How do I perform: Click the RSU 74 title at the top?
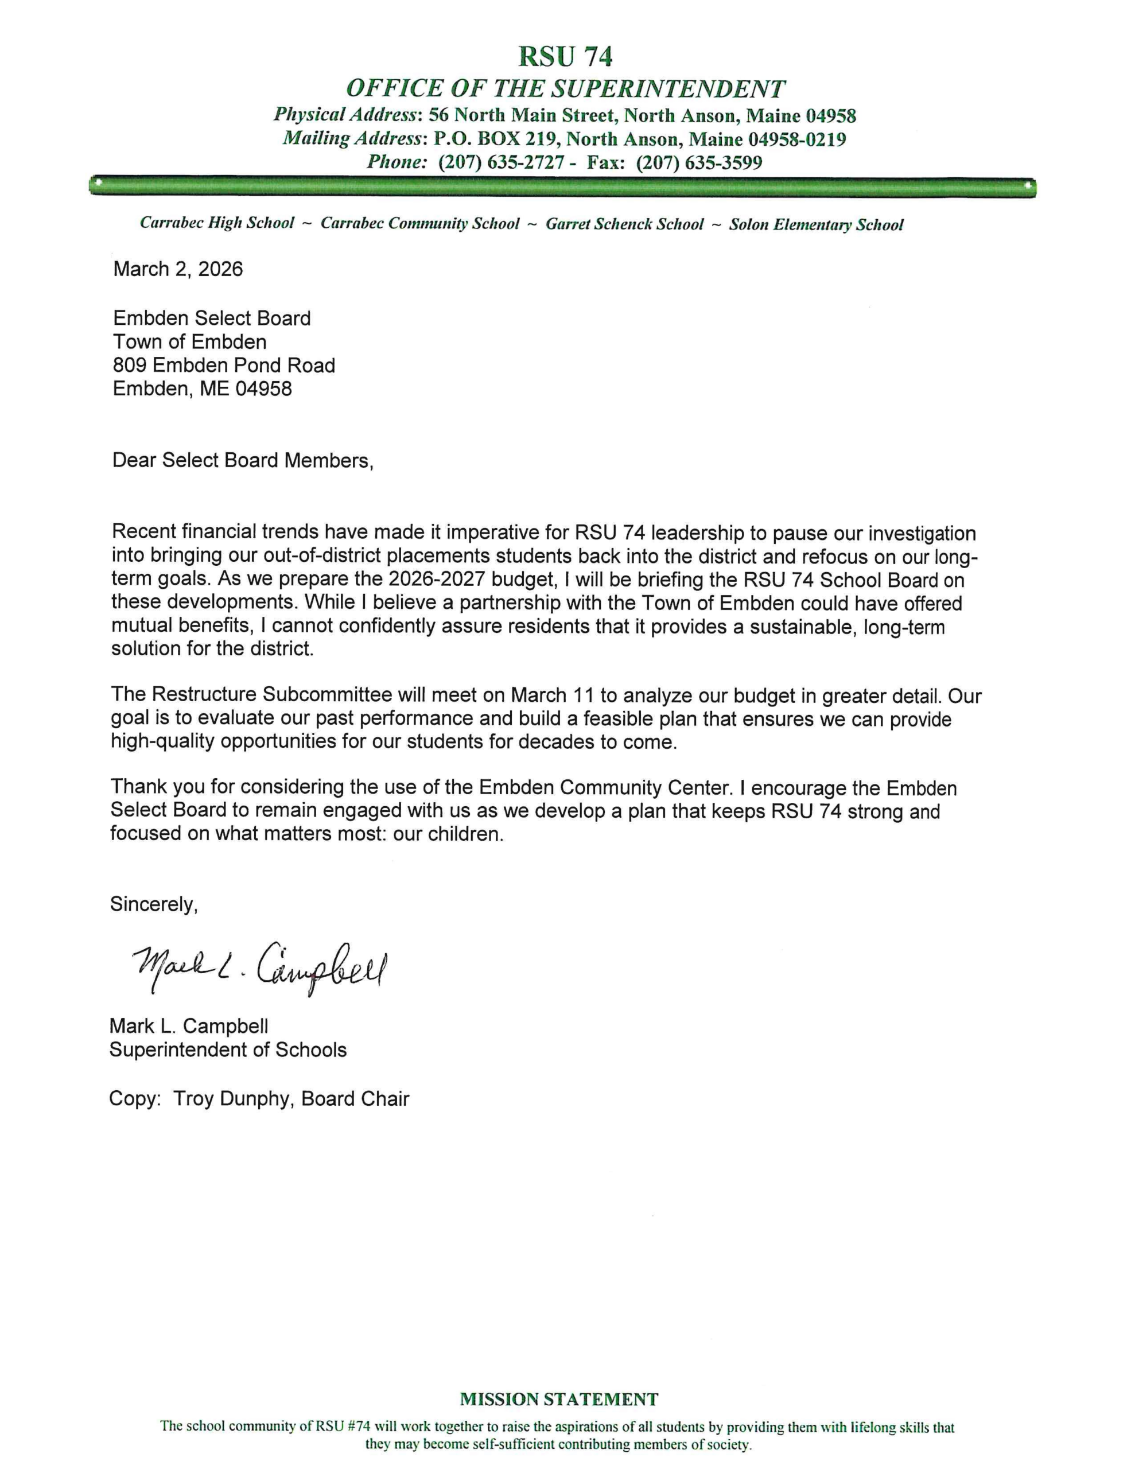(565, 56)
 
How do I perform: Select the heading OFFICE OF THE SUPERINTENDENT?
(565, 89)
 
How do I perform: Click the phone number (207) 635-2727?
(500, 163)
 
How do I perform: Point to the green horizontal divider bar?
(562, 186)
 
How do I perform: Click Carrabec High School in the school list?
(217, 223)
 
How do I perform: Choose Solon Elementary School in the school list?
(816, 225)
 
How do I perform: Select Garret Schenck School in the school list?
(624, 224)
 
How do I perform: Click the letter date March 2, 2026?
(178, 269)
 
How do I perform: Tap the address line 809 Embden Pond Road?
(224, 365)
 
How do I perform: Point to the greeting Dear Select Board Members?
(242, 460)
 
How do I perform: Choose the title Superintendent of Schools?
(228, 1050)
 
